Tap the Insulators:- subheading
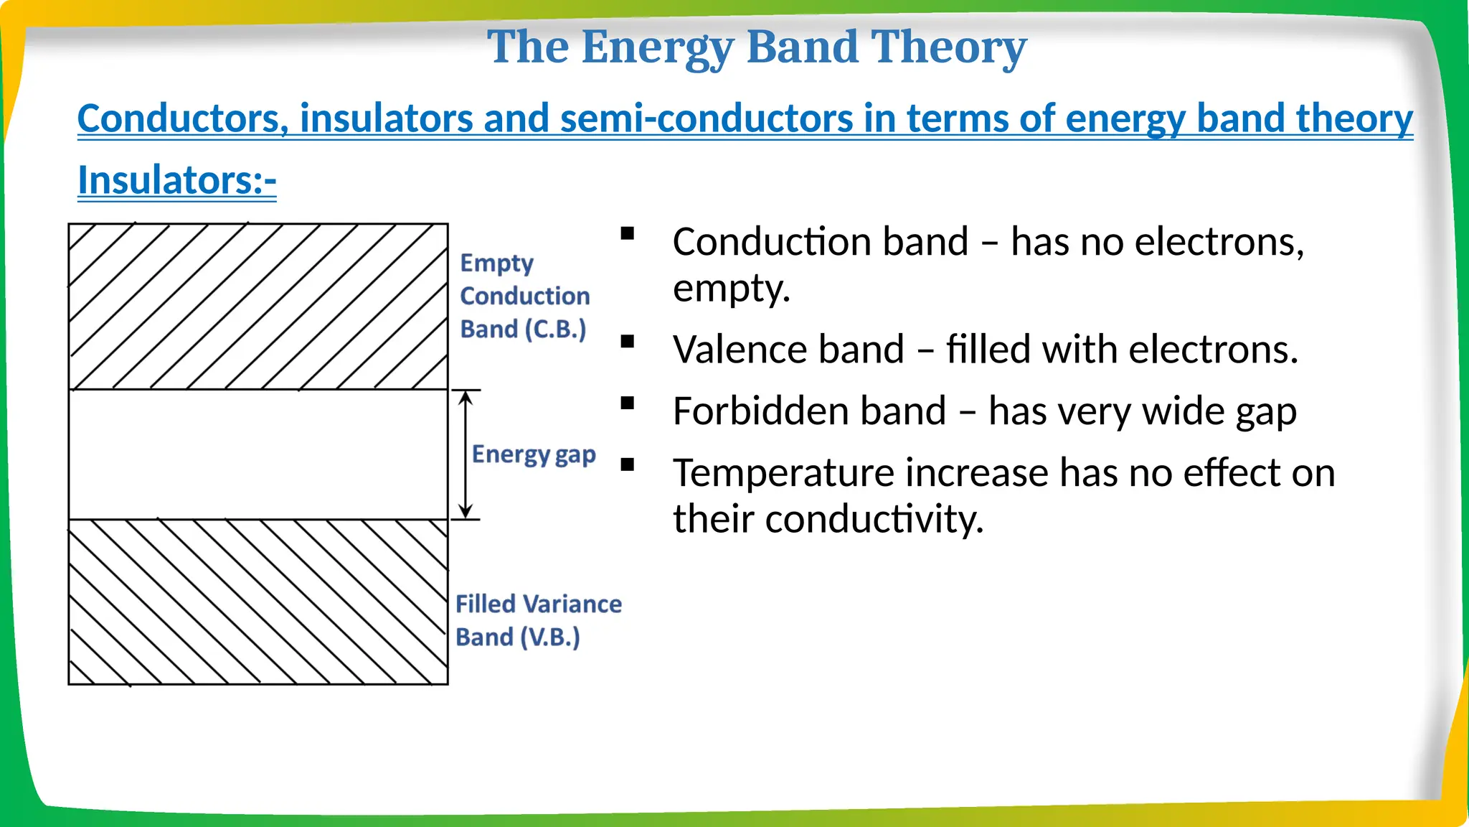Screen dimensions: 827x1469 point(176,179)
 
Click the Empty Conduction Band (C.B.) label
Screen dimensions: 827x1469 point(524,296)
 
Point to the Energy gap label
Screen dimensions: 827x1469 point(534,454)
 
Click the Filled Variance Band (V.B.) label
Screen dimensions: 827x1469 point(538,620)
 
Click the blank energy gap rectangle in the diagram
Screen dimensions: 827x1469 point(258,454)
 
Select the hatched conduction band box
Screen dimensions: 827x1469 point(258,307)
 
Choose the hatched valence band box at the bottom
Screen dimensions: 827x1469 point(258,602)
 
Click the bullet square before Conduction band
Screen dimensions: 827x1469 point(628,233)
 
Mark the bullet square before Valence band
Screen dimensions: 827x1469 point(628,342)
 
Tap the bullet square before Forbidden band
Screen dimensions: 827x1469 point(628,403)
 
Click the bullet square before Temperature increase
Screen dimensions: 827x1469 point(628,465)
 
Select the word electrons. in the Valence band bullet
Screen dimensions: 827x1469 point(1213,350)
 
